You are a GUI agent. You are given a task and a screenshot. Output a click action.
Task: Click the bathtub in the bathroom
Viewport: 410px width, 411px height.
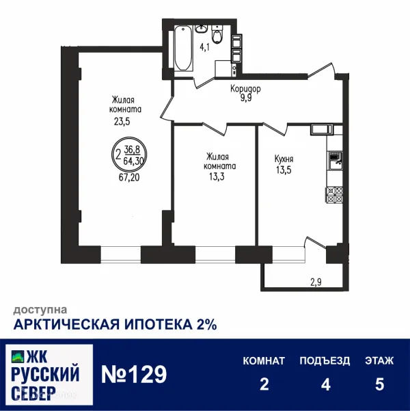182,49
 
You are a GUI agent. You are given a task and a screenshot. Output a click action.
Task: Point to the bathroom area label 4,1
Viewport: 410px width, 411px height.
205,49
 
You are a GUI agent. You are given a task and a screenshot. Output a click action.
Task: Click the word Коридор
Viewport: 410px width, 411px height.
245,89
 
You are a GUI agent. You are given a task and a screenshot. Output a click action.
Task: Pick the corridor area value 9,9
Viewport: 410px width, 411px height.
245,98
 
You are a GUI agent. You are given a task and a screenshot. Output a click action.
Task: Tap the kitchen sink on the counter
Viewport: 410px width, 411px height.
335,161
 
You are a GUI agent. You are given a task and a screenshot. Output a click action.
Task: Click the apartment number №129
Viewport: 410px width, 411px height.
134,375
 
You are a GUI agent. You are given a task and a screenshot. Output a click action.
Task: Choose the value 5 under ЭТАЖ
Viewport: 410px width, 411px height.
379,384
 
